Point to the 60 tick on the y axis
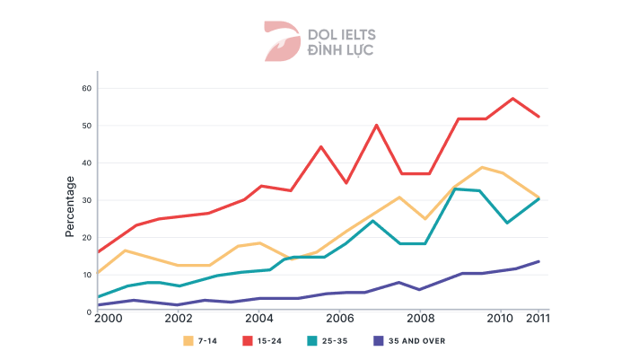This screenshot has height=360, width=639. (x=87, y=88)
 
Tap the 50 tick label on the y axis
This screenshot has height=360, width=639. (x=87, y=126)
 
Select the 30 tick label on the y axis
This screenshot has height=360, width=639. (x=87, y=200)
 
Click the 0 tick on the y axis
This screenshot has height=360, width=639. (x=89, y=312)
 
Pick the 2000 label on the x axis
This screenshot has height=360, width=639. (x=106, y=319)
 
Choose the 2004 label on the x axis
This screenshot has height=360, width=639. (x=258, y=319)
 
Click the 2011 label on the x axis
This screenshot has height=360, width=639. (x=538, y=319)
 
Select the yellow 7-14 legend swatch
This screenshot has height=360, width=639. (x=188, y=340)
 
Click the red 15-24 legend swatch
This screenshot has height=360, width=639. (x=248, y=340)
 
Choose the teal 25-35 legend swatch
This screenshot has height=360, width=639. (x=311, y=340)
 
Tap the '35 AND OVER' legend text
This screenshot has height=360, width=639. (x=417, y=341)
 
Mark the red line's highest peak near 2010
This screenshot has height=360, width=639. (x=512, y=99)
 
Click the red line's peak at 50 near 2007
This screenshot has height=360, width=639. (x=376, y=125)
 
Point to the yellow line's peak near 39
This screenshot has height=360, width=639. (x=483, y=167)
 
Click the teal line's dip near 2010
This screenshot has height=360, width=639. (x=507, y=223)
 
